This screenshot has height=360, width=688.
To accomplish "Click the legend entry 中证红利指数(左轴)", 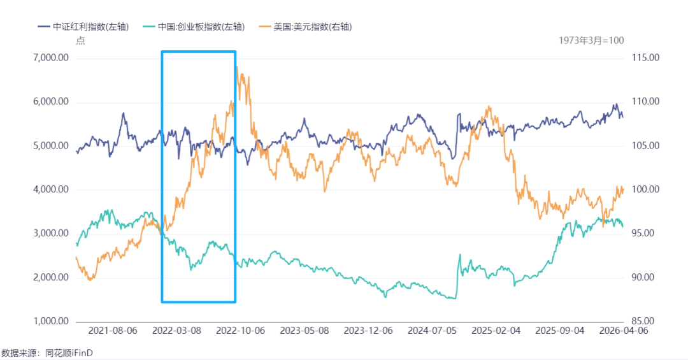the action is (x=83, y=27).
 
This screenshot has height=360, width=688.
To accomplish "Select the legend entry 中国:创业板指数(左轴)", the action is (x=194, y=27).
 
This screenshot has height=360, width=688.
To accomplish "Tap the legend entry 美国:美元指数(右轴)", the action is (x=306, y=27).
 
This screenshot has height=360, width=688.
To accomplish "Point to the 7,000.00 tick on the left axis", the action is (x=51, y=58).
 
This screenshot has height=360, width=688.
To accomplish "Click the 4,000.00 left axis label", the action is (x=51, y=190).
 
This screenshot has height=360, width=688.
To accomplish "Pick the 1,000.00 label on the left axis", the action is (x=51, y=321).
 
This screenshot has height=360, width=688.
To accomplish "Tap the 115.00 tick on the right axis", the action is (x=645, y=58).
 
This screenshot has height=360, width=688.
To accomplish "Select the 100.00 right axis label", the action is (x=645, y=190).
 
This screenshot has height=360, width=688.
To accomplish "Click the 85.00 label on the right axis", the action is (x=643, y=321).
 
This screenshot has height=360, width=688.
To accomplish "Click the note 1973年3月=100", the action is (x=591, y=41).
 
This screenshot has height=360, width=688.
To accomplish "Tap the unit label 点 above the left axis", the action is (x=80, y=41).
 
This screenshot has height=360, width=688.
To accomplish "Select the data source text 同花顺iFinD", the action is (x=69, y=353).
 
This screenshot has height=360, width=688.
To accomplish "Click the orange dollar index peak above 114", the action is (x=238, y=67).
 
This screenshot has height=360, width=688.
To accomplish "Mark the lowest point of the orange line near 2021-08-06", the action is (x=90, y=280).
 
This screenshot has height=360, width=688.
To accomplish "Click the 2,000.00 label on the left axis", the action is (x=51, y=277).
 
